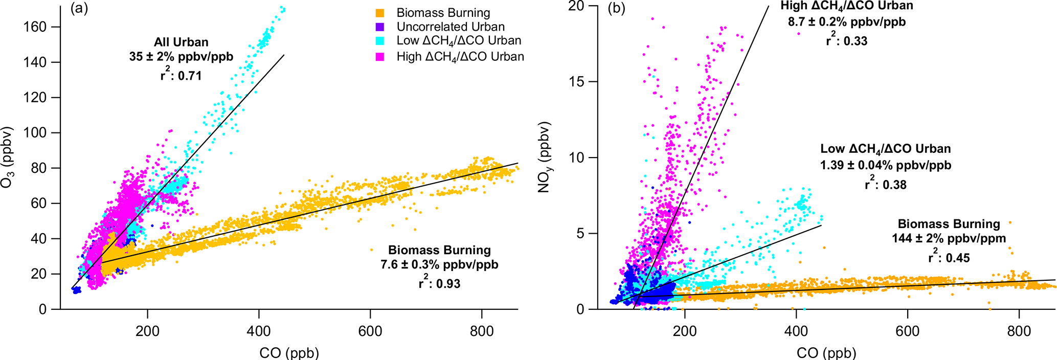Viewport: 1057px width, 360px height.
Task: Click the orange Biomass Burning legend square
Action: click(x=379, y=13)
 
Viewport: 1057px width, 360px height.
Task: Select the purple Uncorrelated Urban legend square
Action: click(x=379, y=27)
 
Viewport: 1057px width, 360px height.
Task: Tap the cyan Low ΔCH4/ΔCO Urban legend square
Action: click(x=379, y=41)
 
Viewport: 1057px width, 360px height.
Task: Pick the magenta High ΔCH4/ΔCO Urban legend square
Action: click(x=379, y=57)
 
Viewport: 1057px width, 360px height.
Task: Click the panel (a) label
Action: click(x=79, y=9)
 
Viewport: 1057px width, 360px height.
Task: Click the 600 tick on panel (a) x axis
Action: click(x=370, y=331)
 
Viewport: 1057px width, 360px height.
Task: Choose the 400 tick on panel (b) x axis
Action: click(x=796, y=331)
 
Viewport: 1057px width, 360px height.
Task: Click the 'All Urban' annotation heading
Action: click(x=181, y=42)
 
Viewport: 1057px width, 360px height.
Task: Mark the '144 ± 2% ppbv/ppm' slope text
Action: click(x=949, y=239)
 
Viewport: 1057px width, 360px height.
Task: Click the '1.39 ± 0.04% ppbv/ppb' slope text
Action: click(x=886, y=165)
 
